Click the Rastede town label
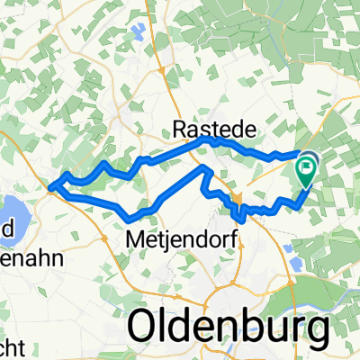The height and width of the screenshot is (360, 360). pos(213,130)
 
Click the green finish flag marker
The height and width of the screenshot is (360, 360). pos(308,166)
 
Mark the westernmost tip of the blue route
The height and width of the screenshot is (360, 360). pos(49,187)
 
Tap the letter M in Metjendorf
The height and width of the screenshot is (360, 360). pos(137,240)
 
